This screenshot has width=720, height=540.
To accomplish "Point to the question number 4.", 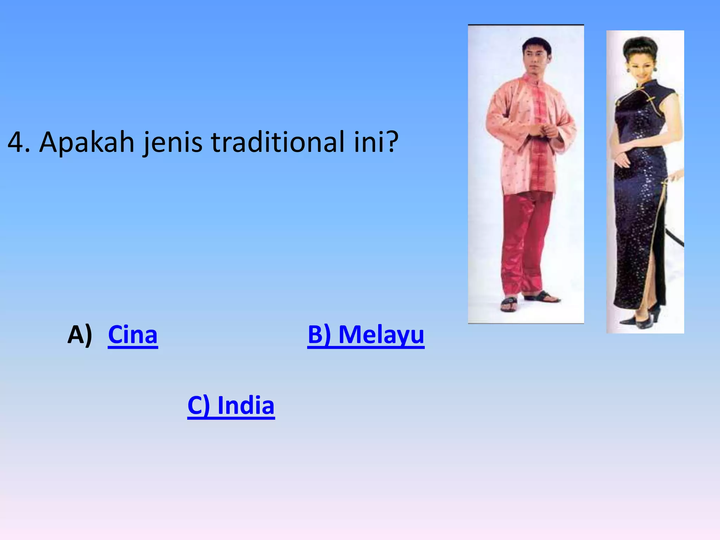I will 17,142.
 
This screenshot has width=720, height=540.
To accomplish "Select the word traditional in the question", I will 278,142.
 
